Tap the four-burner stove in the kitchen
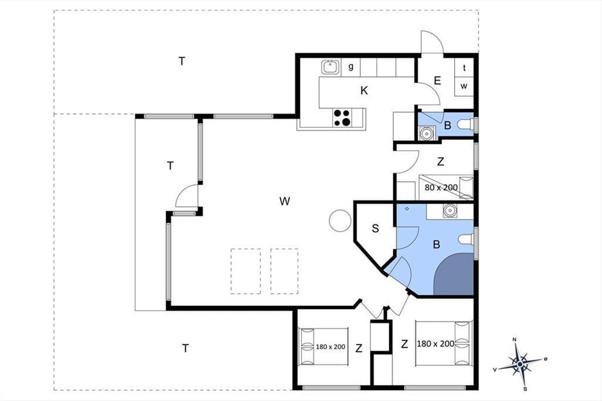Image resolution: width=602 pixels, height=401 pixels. tap(342, 118)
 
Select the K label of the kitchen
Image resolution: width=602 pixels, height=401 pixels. tap(364, 91)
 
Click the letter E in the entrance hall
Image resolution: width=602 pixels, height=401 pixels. tap(437, 81)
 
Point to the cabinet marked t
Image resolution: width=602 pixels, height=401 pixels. tap(464, 68)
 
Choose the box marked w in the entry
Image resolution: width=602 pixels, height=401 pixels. tap(464, 87)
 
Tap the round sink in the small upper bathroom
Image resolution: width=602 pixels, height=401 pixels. tap(426, 133)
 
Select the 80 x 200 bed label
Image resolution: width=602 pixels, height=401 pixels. tap(441, 187)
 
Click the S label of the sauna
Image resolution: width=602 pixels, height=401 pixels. tap(375, 228)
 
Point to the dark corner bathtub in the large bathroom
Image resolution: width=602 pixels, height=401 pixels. tap(454, 274)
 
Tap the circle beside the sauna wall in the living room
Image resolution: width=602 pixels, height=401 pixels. tap(340, 221)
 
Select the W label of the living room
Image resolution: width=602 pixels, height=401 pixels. tap(284, 201)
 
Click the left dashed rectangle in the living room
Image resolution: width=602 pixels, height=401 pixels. tap(246, 271)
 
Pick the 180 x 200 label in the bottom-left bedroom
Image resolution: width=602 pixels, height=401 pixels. tap(330, 347)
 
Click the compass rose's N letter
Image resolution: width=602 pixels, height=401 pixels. tap(515, 339)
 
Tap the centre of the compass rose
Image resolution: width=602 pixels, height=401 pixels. tap(520, 364)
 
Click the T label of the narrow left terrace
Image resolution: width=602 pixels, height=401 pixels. tap(170, 166)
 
